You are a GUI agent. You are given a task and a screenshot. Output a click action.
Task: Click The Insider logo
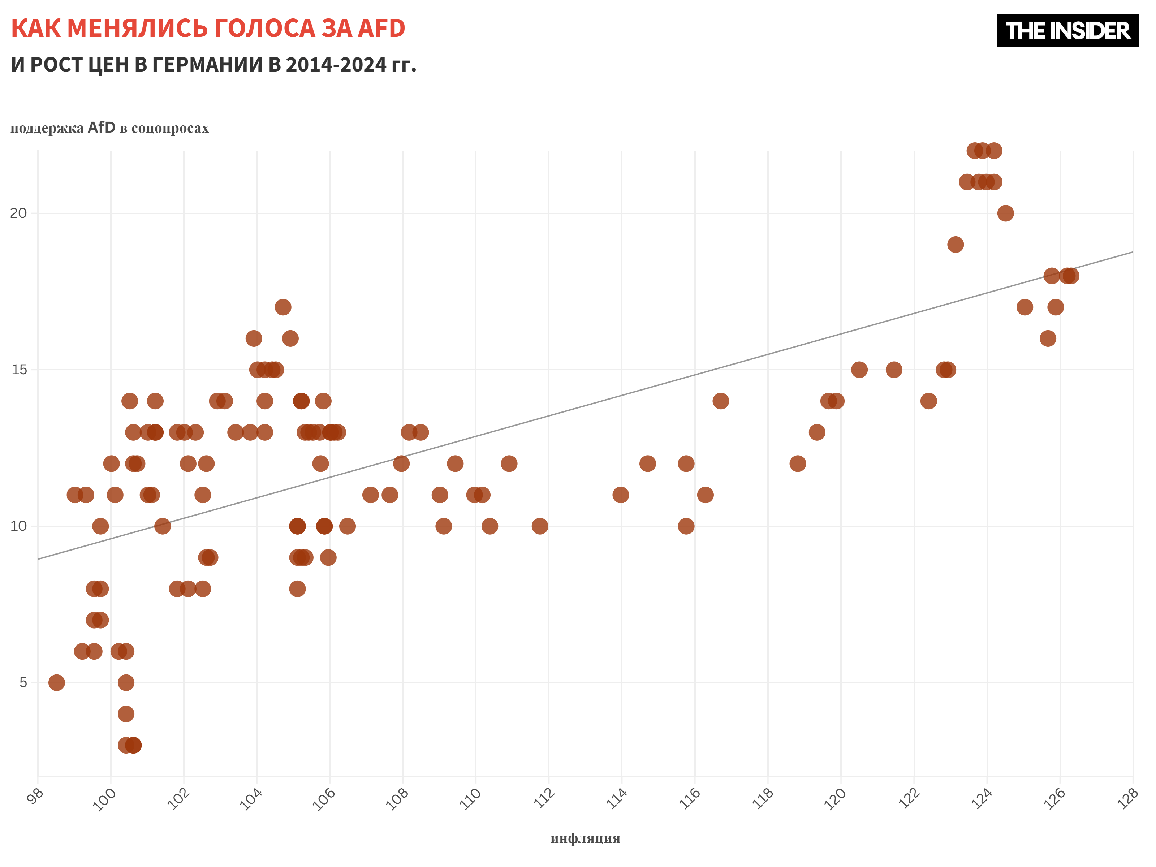pos(1067,30)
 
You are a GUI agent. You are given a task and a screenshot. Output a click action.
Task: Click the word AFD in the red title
pos(381,28)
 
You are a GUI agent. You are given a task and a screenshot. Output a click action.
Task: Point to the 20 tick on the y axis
pos(18,213)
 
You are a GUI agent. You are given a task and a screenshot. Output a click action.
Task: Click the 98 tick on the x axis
pos(35,797)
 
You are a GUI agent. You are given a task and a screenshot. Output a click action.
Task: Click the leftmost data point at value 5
pos(56,682)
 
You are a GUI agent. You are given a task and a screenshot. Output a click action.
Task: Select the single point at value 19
pos(955,245)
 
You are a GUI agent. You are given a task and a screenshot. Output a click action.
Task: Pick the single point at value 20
pos(1005,213)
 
